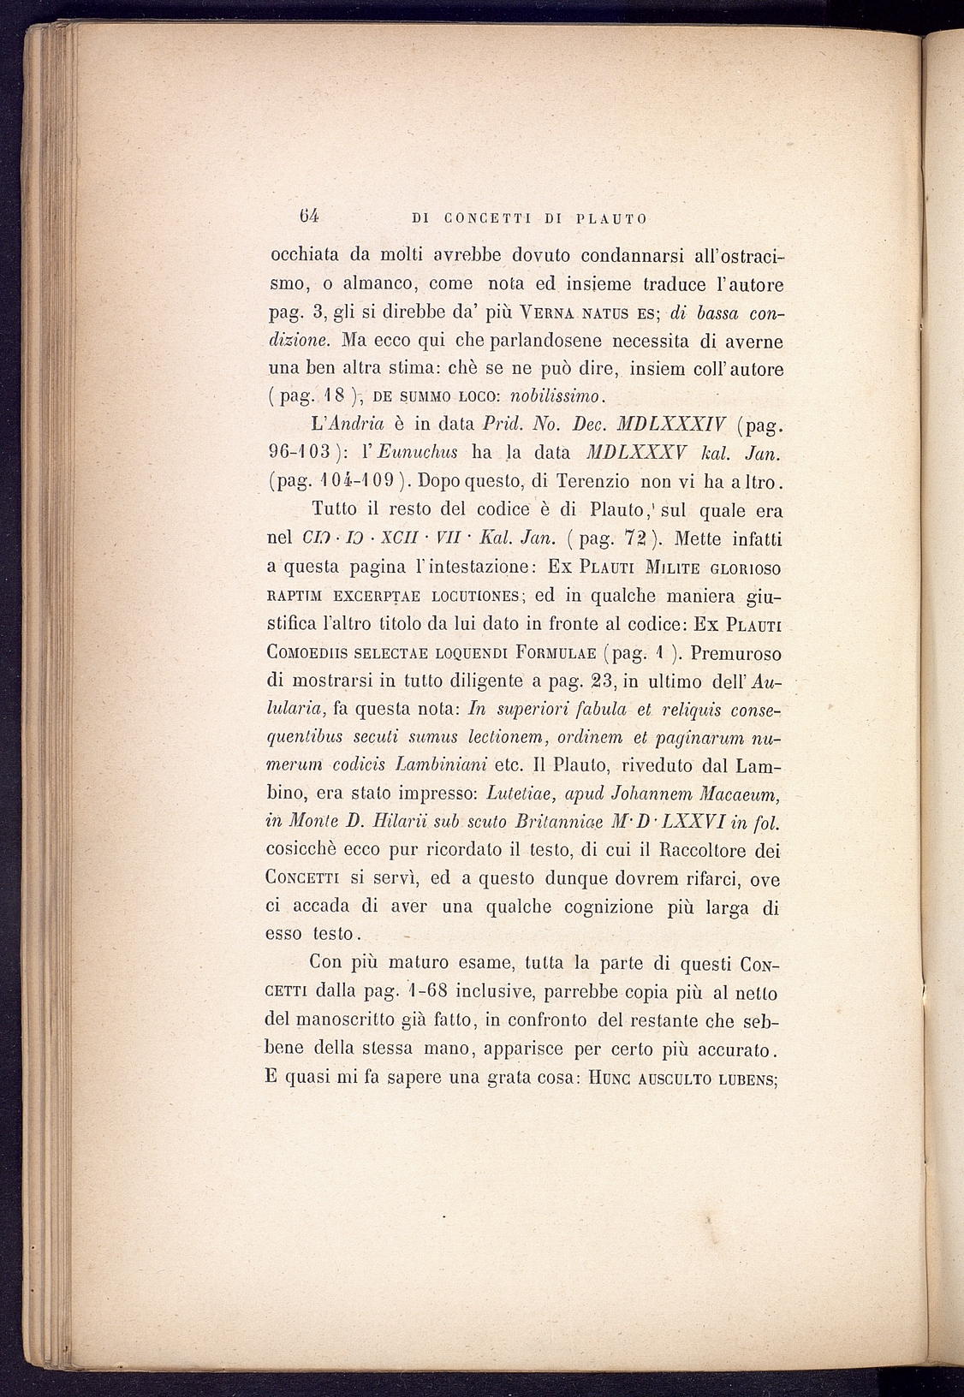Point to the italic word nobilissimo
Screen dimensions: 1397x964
pyautogui.click(x=558, y=395)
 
